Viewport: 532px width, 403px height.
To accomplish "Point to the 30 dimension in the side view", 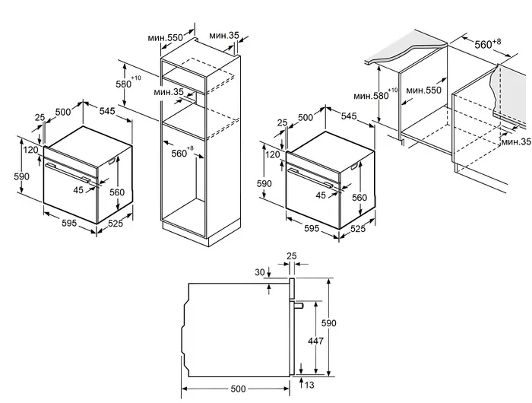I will (260, 273).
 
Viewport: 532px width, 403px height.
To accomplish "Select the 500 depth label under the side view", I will (238, 389).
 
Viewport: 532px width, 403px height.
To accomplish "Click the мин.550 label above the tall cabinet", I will (164, 36).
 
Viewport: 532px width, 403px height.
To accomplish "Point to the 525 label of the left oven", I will (116, 224).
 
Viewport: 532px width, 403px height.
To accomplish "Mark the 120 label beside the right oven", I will (271, 155).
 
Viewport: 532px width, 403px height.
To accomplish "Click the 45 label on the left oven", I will (78, 190).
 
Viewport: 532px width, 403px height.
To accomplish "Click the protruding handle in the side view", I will (299, 305).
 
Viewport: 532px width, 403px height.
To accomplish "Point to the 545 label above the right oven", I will (350, 116).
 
